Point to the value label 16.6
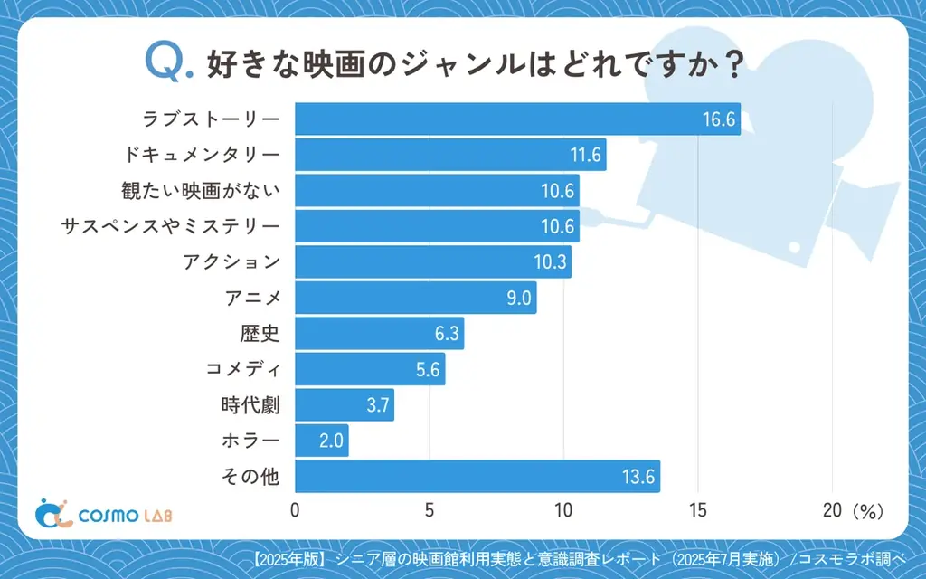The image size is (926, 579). [720, 119]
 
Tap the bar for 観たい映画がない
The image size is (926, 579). [437, 191]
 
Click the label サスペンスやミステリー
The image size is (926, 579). [170, 226]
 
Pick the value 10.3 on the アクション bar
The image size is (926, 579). [550, 262]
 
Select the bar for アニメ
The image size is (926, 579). [415, 298]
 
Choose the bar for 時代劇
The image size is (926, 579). [345, 405]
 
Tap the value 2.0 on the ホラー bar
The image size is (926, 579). [329, 441]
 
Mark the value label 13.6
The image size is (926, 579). [639, 477]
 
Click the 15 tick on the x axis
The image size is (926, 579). [697, 510]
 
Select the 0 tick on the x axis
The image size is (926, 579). [295, 510]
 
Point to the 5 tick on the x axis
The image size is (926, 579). [430, 510]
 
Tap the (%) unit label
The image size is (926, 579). [866, 511]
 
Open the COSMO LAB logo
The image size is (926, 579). [104, 514]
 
